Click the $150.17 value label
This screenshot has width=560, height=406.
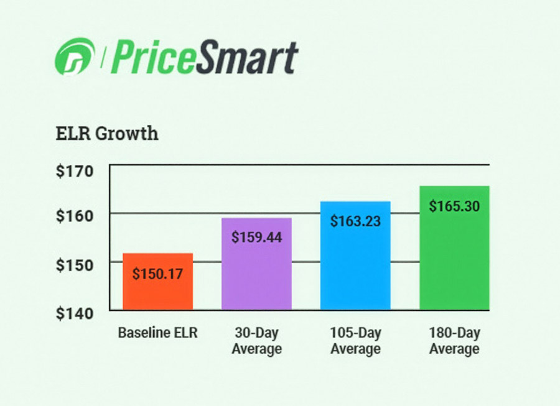(157, 272)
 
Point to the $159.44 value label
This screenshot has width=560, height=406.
(256, 237)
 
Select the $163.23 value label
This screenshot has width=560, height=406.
(355, 221)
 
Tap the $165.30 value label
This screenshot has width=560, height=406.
(454, 206)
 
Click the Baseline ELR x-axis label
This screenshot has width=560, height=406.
(157, 333)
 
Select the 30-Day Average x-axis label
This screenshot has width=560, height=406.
(256, 341)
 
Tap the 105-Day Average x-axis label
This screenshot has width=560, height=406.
(355, 341)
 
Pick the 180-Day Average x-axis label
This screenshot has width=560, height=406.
(454, 341)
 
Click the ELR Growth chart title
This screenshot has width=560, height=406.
(106, 134)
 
